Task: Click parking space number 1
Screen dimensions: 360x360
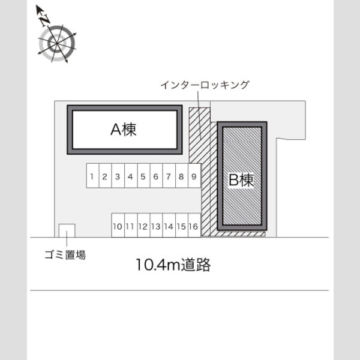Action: [92, 176]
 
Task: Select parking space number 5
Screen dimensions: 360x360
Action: [143, 176]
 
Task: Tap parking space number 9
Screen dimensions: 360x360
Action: [194, 176]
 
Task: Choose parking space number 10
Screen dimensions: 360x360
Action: [118, 225]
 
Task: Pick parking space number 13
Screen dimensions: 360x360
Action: [156, 225]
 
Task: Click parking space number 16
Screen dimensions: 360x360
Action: [194, 225]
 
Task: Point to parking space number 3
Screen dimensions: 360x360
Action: [118, 176]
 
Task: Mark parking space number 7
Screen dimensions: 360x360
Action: [169, 176]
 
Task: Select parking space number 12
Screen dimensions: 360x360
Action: [143, 225]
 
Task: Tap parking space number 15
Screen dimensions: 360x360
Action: [182, 225]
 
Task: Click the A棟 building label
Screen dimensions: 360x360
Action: [124, 129]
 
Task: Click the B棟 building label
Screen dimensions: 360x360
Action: [241, 180]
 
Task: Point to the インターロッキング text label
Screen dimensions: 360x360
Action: [205, 85]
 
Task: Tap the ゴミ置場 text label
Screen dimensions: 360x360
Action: [65, 254]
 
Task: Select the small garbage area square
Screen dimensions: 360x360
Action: [67, 230]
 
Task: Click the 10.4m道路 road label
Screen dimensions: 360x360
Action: [173, 265]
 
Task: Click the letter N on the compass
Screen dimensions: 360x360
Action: [45, 20]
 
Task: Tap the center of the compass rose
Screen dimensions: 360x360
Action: [57, 43]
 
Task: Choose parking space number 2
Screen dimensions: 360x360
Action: [105, 176]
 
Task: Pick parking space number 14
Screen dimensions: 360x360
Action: [169, 225]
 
